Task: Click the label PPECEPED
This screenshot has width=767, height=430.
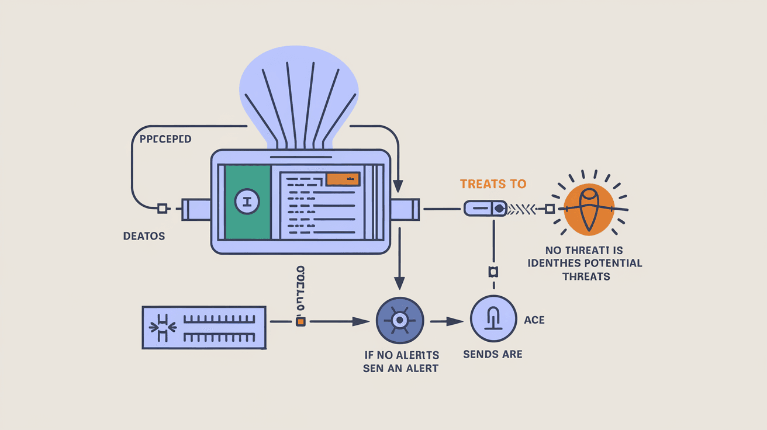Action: [x=165, y=140]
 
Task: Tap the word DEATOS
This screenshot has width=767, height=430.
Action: [x=144, y=236]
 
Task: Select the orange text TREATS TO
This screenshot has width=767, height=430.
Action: [x=493, y=184]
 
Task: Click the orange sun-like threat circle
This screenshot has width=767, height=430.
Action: [x=589, y=209]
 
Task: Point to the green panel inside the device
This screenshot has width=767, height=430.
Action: [x=247, y=202]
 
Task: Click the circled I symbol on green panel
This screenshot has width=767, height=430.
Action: [x=246, y=202]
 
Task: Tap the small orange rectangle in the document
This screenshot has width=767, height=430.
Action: [x=343, y=179]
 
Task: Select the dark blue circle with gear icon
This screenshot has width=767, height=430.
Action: [x=399, y=321]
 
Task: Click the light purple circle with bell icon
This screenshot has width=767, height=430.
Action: [x=493, y=319]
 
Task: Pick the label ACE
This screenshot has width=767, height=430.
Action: [x=534, y=320]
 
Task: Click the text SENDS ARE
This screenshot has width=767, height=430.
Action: [x=492, y=354]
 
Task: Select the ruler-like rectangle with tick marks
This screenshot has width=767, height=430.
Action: [x=204, y=327]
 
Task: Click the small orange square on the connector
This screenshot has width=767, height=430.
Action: [x=300, y=321]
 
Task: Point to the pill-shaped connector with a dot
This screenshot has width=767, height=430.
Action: [x=485, y=208]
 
